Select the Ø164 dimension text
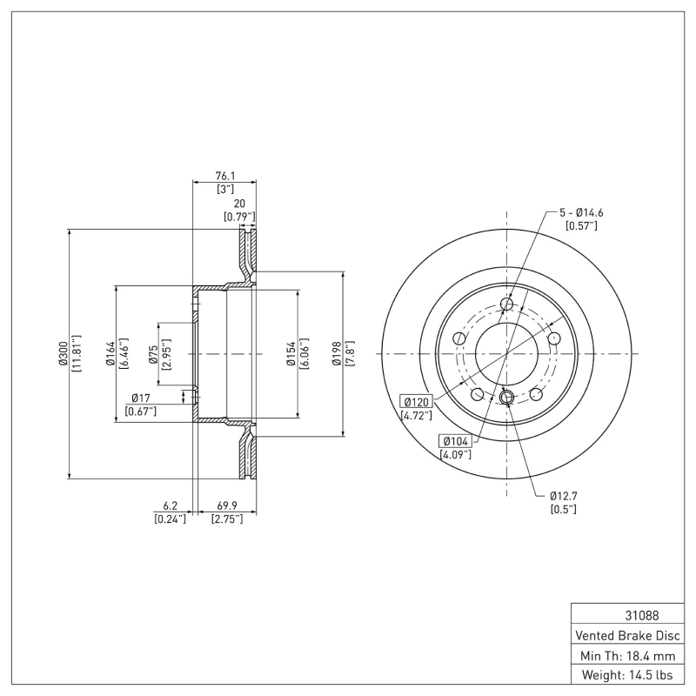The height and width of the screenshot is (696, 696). (111, 354)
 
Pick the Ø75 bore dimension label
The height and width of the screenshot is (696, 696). (153, 354)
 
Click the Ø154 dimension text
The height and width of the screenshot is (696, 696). (291, 354)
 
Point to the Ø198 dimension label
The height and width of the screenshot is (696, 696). (337, 354)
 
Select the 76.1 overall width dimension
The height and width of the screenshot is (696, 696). (224, 175)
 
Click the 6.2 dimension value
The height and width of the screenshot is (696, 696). (170, 506)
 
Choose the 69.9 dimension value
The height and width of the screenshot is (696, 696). (226, 506)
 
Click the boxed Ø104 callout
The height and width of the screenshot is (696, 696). (455, 441)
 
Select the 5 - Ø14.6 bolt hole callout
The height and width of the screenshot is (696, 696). (580, 212)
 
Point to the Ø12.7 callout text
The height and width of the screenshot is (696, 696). (564, 496)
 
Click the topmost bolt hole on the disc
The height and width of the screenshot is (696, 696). (508, 304)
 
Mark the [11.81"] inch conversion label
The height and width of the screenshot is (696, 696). (77, 354)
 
